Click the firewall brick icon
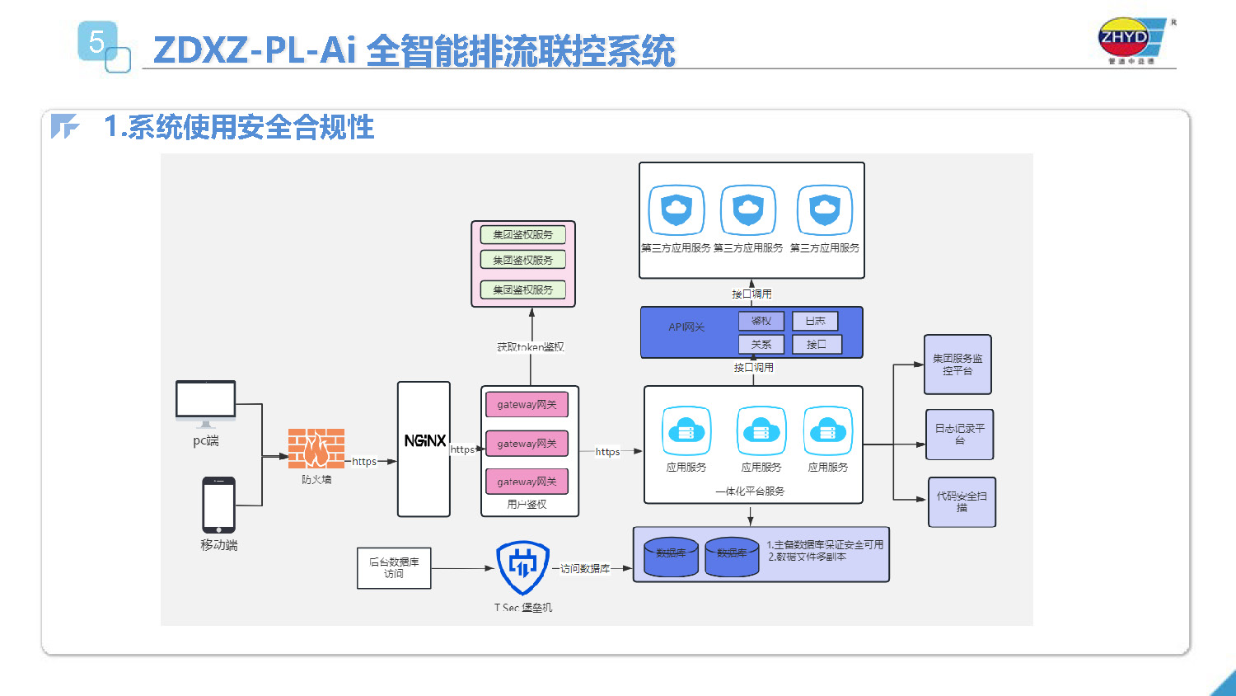coord(316,449)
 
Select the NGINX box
coord(424,449)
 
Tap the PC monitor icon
coord(205,402)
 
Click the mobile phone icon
coord(219,505)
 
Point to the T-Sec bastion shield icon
coord(522,567)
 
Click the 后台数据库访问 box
coord(394,568)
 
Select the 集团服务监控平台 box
coord(957,364)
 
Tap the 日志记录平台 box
coord(959,435)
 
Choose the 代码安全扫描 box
coord(962,502)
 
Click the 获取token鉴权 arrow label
coord(531,347)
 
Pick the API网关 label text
coord(686,327)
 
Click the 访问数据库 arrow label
coord(585,569)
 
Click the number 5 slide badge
coord(98,41)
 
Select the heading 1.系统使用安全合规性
coord(239,127)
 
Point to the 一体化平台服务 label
coord(750,491)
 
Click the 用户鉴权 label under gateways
coord(527,505)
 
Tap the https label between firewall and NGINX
coord(364,462)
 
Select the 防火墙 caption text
coord(316,480)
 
